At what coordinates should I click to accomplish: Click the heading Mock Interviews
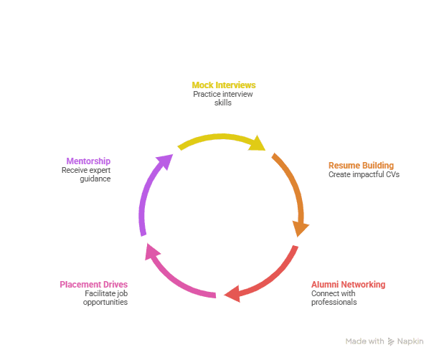coord(223,85)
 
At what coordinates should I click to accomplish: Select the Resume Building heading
coord(361,166)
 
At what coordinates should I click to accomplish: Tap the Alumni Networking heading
coord(347,285)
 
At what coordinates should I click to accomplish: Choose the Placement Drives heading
coord(93,285)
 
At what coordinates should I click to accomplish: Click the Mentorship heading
coord(88,161)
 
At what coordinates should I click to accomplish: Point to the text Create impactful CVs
coord(364,174)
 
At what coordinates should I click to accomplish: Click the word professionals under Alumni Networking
coord(334,302)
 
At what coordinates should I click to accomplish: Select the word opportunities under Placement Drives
coord(105,302)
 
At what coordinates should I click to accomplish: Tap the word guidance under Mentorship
coord(95,179)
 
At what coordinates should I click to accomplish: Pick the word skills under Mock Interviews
coord(223,103)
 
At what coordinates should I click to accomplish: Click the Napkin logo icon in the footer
coord(391,341)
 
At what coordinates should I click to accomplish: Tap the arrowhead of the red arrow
coord(231,294)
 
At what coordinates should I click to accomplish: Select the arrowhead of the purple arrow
coord(166,161)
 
